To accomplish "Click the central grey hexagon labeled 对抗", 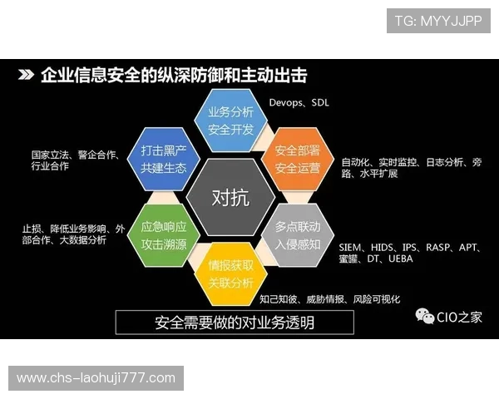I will tap(230, 198).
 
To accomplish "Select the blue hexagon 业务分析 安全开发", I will tap(230, 121).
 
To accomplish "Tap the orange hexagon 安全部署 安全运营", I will tap(297, 160).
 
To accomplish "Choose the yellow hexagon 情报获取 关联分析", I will tap(230, 274).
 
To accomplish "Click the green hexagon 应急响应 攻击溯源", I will tap(164, 234).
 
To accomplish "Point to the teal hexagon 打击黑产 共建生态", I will tap(164, 160).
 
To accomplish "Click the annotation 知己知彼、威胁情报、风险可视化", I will tap(329, 298).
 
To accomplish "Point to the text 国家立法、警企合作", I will tap(75, 155).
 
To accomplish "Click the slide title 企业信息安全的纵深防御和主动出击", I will tap(174, 76).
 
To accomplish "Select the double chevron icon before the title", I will tap(27, 76).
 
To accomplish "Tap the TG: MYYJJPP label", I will tap(438, 21).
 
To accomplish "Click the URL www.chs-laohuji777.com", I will tap(96, 378).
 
